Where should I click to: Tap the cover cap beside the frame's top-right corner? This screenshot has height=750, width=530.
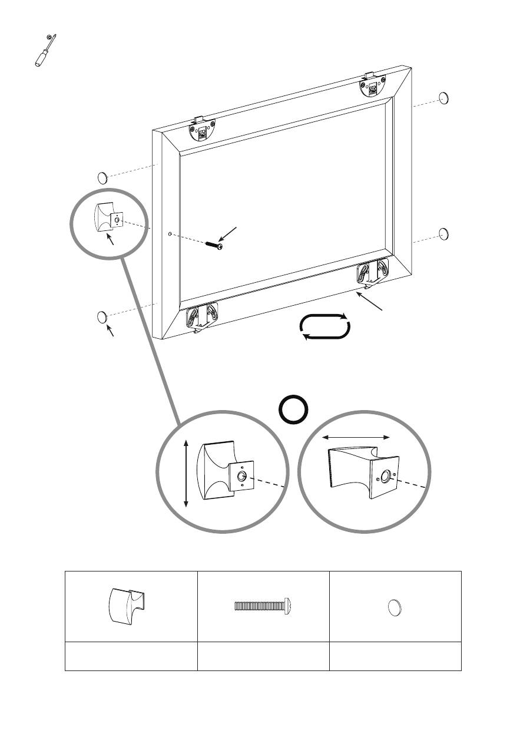coord(445,98)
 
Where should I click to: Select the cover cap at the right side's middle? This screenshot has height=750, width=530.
coord(445,234)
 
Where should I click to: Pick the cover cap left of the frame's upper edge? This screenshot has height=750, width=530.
coord(102,177)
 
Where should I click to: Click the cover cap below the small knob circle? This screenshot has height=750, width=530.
coord(102,317)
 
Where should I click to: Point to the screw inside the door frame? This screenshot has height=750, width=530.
coord(214,245)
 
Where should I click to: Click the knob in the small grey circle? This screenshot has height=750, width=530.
coord(107,216)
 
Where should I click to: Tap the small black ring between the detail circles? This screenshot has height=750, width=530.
coord(294,410)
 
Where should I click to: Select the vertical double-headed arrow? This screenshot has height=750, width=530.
coord(187,473)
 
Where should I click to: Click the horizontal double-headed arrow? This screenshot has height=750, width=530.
coord(357,437)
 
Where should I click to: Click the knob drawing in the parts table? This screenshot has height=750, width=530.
coord(130,605)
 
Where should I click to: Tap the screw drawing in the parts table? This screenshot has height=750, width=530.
coord(263,606)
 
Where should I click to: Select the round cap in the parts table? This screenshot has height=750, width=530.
coord(395,607)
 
